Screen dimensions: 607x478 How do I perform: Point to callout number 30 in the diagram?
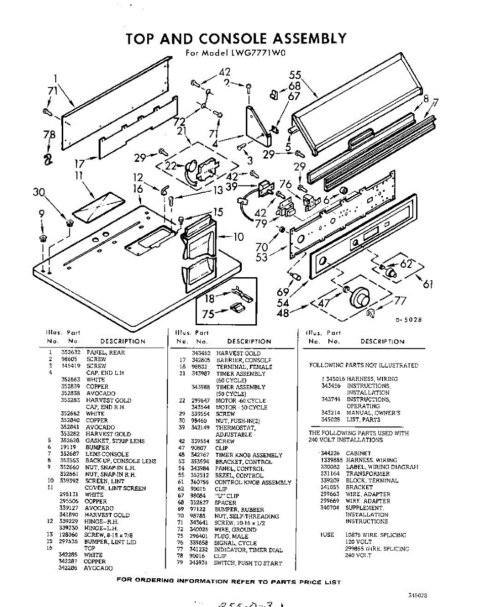coord(38,192)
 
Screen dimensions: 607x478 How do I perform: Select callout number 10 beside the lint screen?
coord(238,237)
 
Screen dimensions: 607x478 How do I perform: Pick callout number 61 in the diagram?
coord(428,284)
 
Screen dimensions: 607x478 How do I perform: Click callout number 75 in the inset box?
coord(208,314)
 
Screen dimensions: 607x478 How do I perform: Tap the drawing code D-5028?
coord(408,320)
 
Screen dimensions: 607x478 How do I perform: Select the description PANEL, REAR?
coord(106,353)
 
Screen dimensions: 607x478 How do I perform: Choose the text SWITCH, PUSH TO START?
coord(248,563)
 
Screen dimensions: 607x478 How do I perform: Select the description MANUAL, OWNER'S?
coord(373,413)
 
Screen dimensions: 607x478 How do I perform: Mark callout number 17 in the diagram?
coord(79,164)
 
